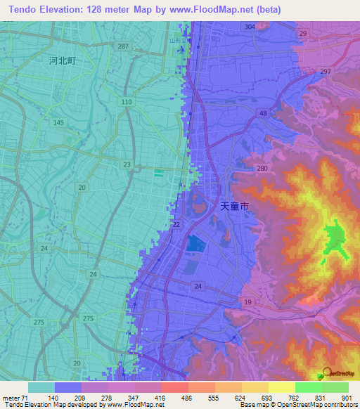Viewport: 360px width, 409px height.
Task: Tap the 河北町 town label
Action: click(x=62, y=61)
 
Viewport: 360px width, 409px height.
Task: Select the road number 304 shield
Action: click(x=250, y=26)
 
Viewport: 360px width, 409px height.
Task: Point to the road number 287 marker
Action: click(x=124, y=46)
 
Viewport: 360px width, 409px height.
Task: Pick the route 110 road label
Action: click(x=127, y=103)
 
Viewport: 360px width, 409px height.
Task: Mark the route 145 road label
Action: click(x=59, y=123)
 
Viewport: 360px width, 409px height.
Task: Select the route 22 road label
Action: click(x=175, y=223)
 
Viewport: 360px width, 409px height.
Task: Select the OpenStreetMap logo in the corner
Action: click(x=336, y=375)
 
